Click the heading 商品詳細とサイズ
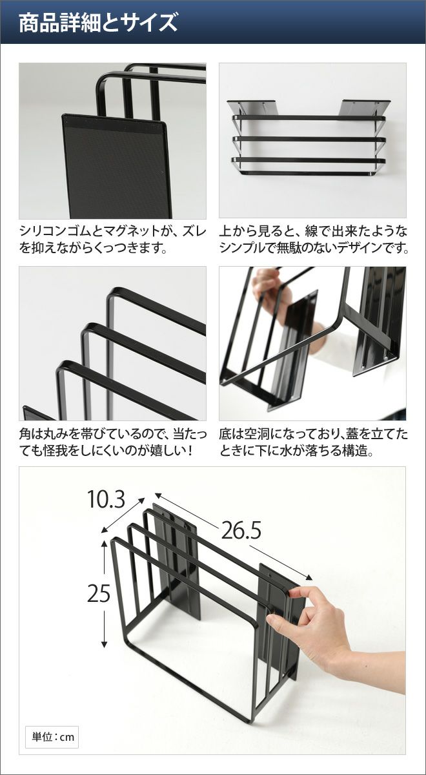(x=98, y=23)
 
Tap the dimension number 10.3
(x=106, y=499)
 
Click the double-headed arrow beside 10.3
(x=123, y=515)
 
